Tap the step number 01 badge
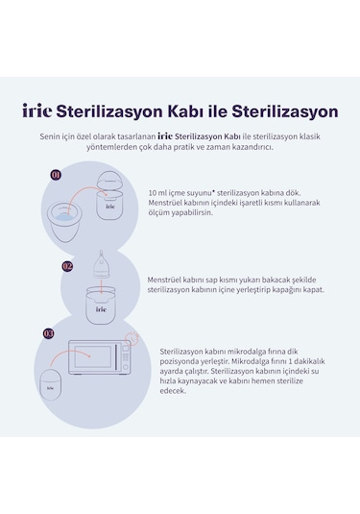(x=56, y=175)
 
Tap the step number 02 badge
(x=67, y=265)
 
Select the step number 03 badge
(x=49, y=332)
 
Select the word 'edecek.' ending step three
(x=173, y=390)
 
